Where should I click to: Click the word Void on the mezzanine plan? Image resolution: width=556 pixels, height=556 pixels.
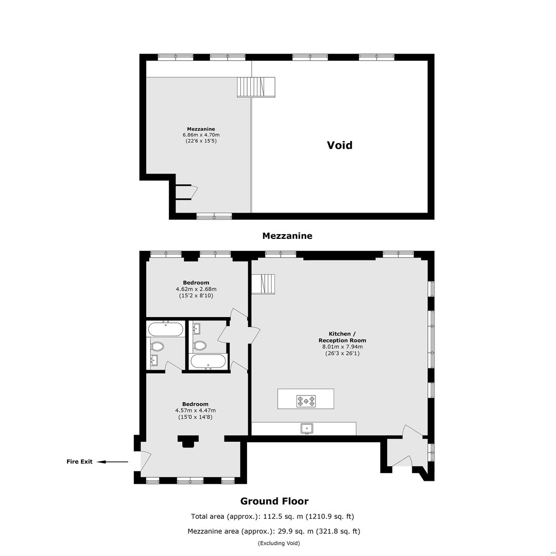[339, 145]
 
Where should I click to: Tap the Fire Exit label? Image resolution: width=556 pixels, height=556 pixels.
[79, 461]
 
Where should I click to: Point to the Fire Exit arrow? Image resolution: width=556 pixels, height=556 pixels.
[112, 462]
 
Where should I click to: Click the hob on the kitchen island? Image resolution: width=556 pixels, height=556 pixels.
[306, 401]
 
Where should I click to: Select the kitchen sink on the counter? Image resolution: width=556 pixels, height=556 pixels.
[307, 428]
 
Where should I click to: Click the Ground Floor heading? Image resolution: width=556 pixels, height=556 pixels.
[274, 501]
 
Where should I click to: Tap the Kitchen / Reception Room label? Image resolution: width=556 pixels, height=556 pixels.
[342, 337]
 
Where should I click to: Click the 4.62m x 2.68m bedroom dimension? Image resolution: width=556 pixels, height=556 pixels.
[196, 289]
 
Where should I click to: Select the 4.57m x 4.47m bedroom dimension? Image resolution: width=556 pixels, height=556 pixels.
[196, 410]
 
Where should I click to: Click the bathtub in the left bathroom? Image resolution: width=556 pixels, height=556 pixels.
[166, 329]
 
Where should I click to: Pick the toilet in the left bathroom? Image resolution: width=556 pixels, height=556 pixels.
[157, 346]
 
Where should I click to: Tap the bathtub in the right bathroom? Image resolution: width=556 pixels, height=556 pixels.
[208, 362]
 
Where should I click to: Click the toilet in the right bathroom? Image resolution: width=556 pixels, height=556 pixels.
[200, 346]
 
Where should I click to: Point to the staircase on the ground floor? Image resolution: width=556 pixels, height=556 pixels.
[264, 284]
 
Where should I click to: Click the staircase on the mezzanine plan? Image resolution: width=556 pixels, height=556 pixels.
[256, 87]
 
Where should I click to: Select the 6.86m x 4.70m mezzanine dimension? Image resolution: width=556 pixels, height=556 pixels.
[201, 135]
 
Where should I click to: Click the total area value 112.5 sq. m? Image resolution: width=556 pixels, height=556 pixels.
[283, 516]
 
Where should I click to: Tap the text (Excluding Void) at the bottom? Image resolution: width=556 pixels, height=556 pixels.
[279, 543]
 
